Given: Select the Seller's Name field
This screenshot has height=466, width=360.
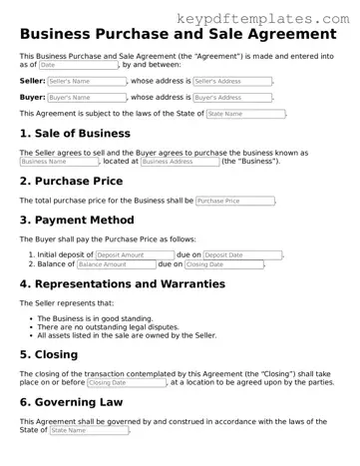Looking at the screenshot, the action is [83, 81].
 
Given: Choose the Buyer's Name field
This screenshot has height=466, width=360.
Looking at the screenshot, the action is [83, 98].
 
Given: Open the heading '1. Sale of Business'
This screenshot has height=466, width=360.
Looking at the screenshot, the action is [75, 133].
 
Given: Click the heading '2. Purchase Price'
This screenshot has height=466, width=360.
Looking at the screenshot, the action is [72, 182].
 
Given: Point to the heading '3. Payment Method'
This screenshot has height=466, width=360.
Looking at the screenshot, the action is [77, 221].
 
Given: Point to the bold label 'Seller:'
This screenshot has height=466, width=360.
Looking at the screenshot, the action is [32, 81].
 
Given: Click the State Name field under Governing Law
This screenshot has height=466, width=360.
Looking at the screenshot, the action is [87, 431].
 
